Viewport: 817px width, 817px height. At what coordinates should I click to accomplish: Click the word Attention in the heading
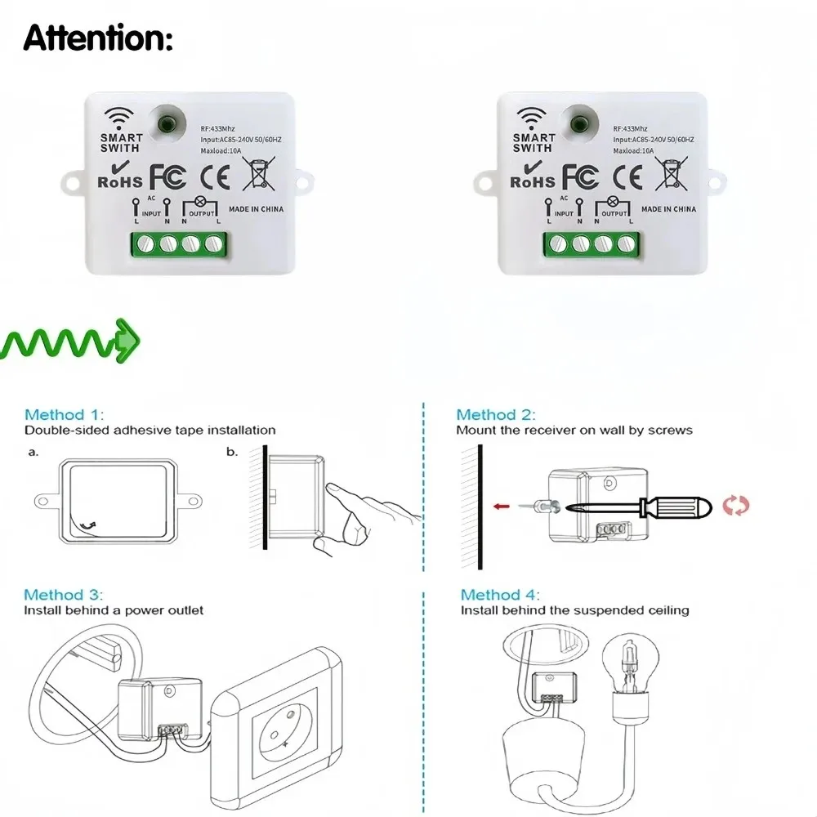click(x=98, y=38)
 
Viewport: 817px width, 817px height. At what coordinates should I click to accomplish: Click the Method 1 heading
click(x=65, y=415)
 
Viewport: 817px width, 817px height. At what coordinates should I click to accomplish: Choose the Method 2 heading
click(x=496, y=415)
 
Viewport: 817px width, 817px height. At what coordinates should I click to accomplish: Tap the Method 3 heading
click(x=64, y=595)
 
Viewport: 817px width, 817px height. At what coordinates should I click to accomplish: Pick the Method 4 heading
click(x=500, y=595)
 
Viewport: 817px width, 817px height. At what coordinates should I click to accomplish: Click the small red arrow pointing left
click(x=502, y=507)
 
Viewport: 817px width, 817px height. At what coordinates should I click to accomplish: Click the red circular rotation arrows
click(x=735, y=506)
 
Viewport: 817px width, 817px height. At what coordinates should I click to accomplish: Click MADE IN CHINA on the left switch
click(x=257, y=209)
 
